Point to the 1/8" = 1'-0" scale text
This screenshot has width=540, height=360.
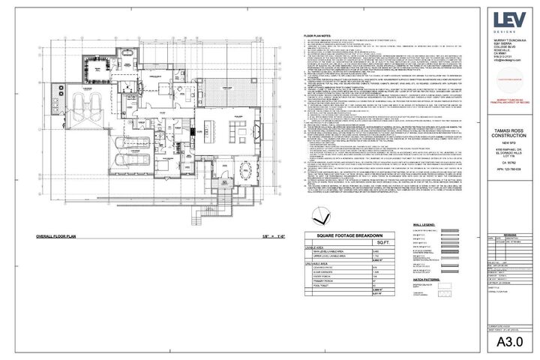(237, 236)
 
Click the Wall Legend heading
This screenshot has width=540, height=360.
(424, 223)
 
